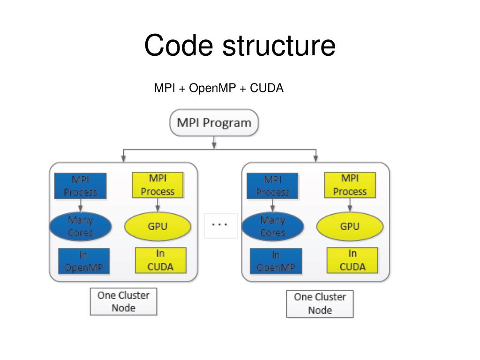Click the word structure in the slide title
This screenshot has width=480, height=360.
point(279,46)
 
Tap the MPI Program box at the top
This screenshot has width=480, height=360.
point(214,123)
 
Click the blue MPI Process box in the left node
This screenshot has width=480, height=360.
point(81,186)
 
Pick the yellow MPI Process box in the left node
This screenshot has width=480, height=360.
point(157,185)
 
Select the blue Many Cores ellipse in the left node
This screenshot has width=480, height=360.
point(81,226)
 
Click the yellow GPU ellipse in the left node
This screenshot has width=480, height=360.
point(158,227)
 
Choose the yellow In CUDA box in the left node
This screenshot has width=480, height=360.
point(161,260)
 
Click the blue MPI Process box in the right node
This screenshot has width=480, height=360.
point(272,186)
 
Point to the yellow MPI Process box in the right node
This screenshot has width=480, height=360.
point(350,185)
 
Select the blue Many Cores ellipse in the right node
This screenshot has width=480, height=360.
point(272,226)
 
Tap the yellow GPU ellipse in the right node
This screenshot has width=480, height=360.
point(350,227)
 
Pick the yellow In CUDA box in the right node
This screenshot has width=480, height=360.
point(352,260)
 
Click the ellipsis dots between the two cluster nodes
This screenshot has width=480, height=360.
point(219,225)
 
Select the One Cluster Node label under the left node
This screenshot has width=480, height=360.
point(123,301)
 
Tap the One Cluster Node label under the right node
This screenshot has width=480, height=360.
point(320,303)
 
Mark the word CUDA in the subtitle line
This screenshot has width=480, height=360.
point(267,88)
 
